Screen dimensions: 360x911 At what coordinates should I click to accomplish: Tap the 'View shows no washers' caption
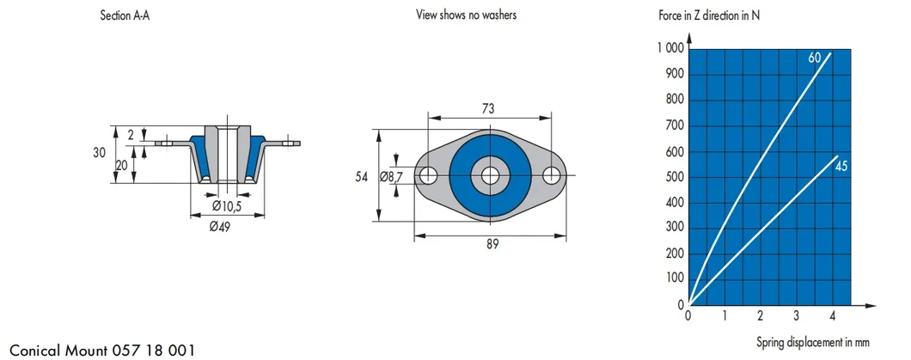point(467,15)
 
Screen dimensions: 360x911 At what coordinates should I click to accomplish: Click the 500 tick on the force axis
point(674,177)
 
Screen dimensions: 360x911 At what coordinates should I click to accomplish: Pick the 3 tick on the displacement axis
point(796,315)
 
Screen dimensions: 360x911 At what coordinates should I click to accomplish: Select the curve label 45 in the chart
point(841,166)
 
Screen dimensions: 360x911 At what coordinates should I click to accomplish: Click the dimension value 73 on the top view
point(490,109)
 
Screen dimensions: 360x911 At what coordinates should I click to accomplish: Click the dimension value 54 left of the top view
point(363,176)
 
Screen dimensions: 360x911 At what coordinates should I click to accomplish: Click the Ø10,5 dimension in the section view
point(227,205)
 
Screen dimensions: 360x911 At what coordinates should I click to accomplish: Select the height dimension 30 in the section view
point(101,153)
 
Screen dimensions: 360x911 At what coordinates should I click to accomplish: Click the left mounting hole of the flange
point(428,175)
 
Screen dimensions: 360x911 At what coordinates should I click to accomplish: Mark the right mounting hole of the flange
point(552,175)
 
